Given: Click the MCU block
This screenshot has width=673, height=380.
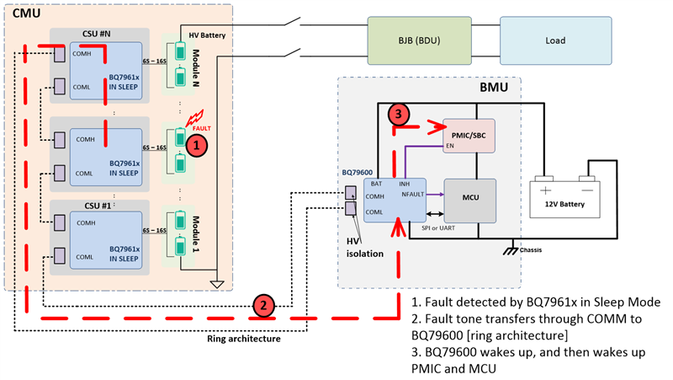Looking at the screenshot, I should coord(469,199).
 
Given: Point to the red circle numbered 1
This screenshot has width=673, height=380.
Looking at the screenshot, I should coord(195,145).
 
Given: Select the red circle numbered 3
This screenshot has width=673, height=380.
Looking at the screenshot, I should coord(400,114).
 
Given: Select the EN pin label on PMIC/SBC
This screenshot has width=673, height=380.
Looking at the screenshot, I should coord(449,147).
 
